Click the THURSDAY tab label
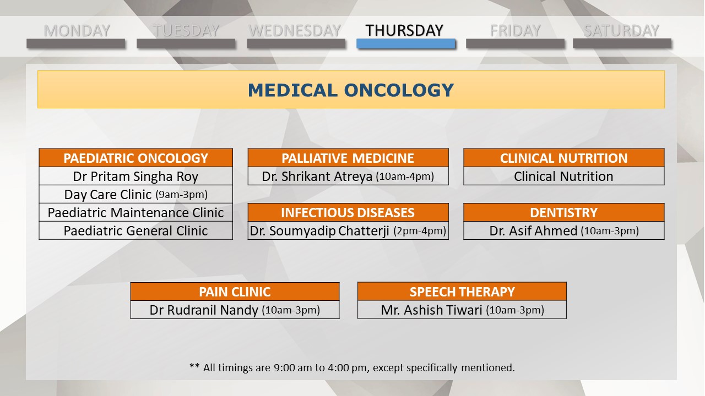[x=404, y=30]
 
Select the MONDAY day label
[x=77, y=31]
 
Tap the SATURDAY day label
[x=621, y=31]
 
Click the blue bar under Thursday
[x=406, y=43]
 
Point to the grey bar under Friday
[x=515, y=43]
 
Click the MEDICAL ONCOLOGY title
[x=351, y=90]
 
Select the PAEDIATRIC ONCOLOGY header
[x=135, y=158]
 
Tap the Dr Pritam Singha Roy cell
[x=135, y=176]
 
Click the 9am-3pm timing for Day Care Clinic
[x=182, y=195]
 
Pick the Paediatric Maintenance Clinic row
[x=135, y=212]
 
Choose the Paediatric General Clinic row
[x=135, y=230]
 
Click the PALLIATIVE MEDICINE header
[x=348, y=158]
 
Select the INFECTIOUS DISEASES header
[x=348, y=212]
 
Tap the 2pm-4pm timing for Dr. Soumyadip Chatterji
[x=420, y=231]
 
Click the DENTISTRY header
[x=563, y=212]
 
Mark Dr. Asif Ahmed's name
[x=533, y=231]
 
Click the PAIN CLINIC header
[x=235, y=291]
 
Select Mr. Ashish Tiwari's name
[x=431, y=310]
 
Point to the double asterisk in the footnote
[x=194, y=366]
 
